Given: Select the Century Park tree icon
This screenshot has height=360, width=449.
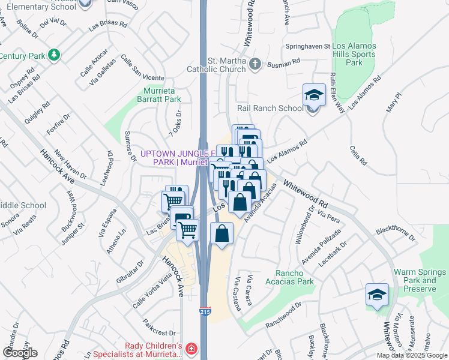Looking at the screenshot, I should [x=55, y=55].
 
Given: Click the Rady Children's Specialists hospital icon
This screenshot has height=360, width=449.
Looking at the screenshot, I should [x=190, y=349].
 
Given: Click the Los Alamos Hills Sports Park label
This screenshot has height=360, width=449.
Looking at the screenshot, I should [x=355, y=54].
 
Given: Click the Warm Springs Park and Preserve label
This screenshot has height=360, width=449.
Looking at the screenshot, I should [x=415, y=280].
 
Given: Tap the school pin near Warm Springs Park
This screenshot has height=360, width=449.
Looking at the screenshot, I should [x=377, y=295].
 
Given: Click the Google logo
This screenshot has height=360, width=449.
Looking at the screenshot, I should [x=20, y=353].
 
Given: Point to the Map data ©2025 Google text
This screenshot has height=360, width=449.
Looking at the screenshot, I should [x=412, y=355].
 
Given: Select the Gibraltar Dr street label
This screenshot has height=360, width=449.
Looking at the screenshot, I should [x=131, y=271].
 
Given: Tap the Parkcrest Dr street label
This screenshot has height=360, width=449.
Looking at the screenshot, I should [x=158, y=331].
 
